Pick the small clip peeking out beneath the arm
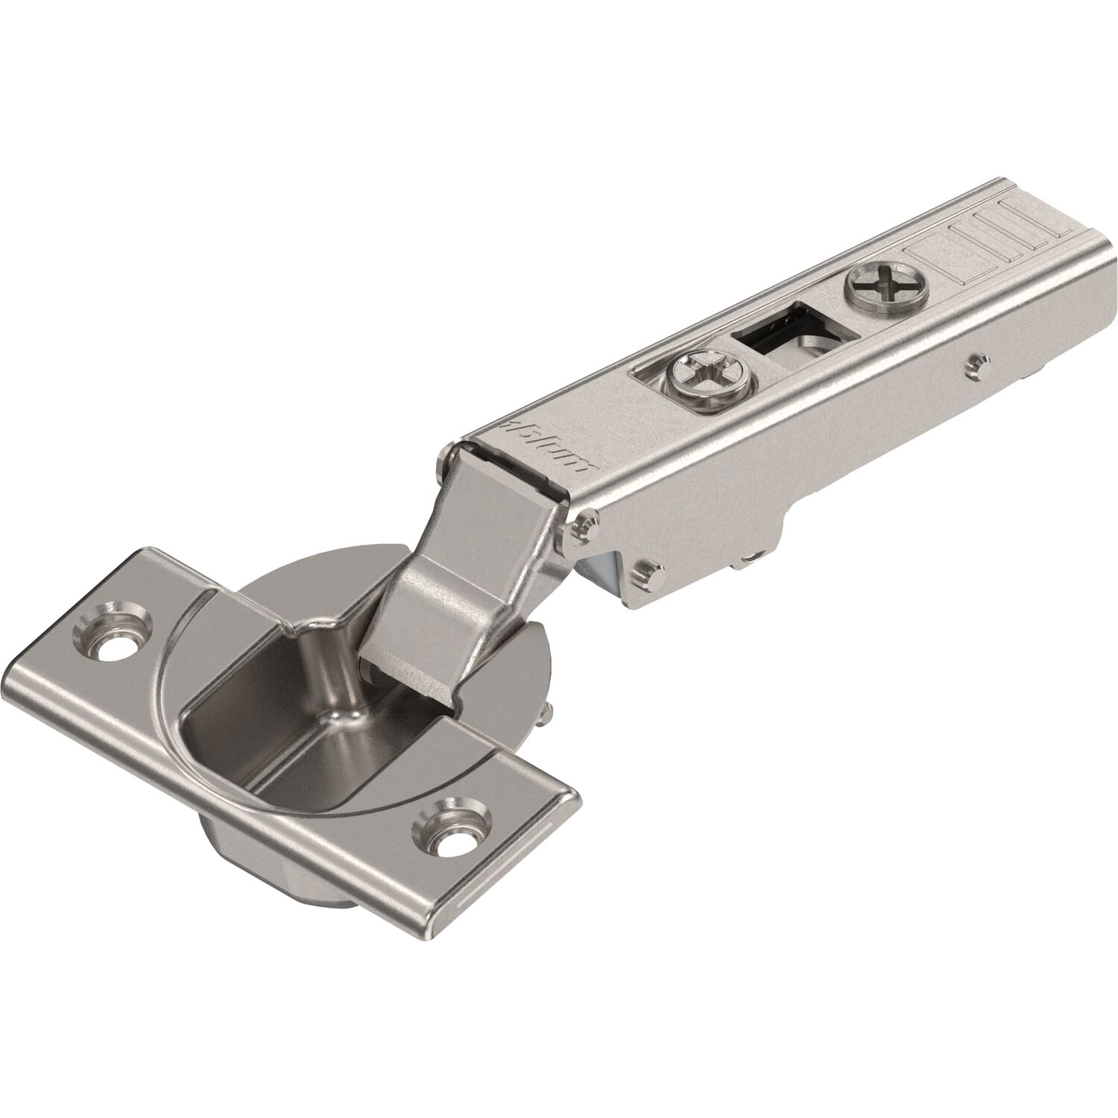pyautogui.click(x=753, y=553)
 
